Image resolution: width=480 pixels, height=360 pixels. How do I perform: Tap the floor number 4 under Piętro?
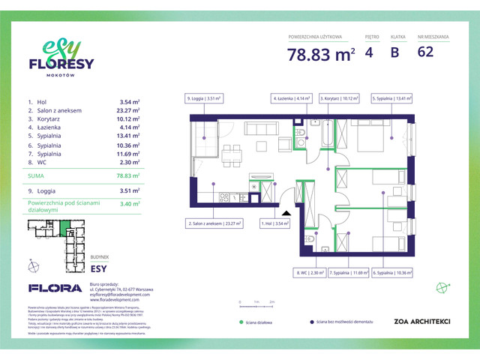point(369,52)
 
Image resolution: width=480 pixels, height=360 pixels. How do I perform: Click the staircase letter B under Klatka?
point(394,52)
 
